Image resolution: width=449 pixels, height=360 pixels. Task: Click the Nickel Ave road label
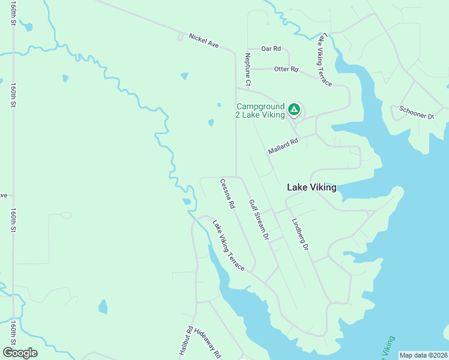(204, 40)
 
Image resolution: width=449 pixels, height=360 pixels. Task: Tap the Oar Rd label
(271, 49)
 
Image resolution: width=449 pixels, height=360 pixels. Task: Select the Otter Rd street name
(286, 70)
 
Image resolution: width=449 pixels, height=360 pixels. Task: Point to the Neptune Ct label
(247, 68)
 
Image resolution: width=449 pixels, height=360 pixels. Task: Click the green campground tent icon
(294, 109)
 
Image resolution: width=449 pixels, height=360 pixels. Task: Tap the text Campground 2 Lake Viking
(260, 110)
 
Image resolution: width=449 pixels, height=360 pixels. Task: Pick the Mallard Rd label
(283, 146)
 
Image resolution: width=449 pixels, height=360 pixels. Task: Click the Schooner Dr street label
(416, 112)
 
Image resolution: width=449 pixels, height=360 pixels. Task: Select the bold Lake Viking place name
(312, 187)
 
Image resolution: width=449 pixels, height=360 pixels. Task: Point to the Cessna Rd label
(228, 193)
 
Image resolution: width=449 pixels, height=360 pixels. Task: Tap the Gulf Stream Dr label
(258, 220)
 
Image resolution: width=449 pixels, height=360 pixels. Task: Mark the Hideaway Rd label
(212, 346)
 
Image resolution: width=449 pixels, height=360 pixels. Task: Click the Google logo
(20, 353)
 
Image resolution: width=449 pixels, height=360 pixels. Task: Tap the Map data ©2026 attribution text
(423, 355)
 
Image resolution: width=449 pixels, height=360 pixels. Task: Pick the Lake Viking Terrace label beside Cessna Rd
(228, 245)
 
